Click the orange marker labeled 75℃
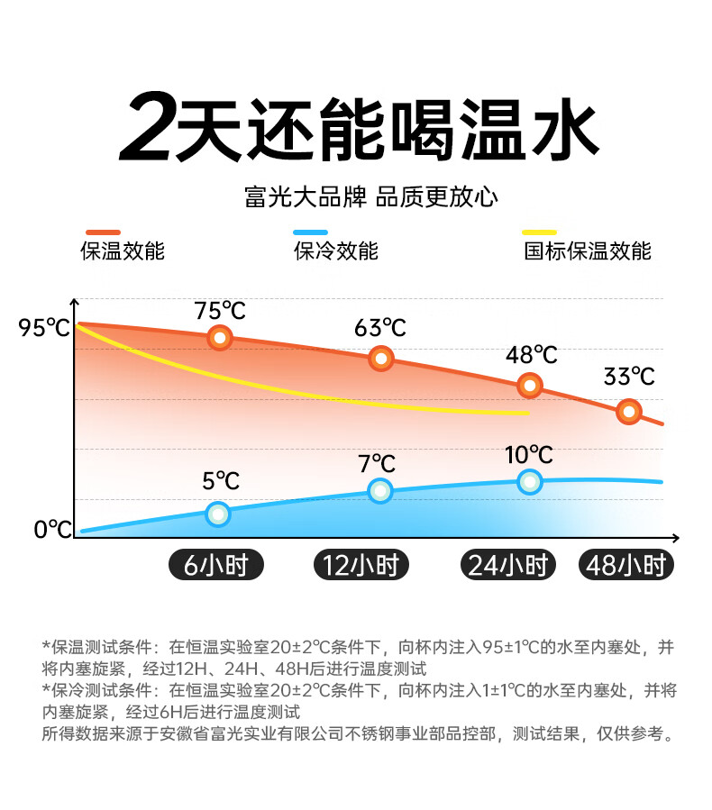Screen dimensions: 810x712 click(220, 339)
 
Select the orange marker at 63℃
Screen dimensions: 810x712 click(381, 358)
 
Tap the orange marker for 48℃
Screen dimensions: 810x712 click(530, 386)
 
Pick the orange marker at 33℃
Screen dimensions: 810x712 click(629, 412)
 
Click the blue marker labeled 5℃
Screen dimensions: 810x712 click(218, 514)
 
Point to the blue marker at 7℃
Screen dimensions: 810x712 click(380, 491)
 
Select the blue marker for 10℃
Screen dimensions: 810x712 click(530, 481)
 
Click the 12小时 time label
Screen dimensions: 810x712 click(361, 565)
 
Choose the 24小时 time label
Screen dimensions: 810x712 click(507, 565)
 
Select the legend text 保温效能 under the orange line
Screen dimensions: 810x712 click(123, 251)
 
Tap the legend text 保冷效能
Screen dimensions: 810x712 click(336, 251)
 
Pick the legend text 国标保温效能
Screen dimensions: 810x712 click(587, 251)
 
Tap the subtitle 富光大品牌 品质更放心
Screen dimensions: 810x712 click(370, 196)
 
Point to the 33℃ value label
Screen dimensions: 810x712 click(629, 376)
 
